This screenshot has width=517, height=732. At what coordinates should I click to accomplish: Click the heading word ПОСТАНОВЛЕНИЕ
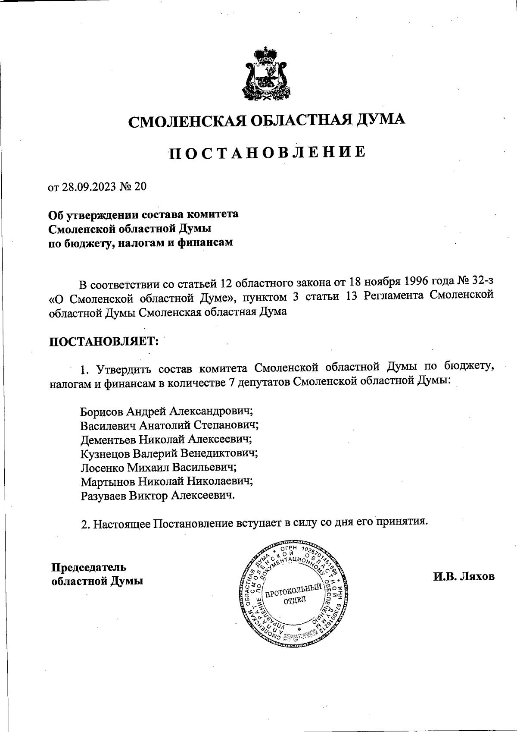[x=267, y=153]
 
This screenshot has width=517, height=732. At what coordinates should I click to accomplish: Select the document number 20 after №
[x=140, y=187]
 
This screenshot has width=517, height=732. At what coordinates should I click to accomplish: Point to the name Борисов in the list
[x=102, y=411]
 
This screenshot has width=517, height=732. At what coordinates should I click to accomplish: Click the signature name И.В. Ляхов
[x=464, y=576]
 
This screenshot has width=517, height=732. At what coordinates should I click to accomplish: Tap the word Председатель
[x=89, y=567]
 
